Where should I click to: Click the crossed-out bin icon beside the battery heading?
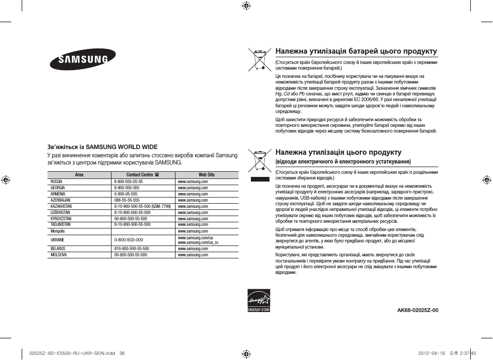259,59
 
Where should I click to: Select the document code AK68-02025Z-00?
418,310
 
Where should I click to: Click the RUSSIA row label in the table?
56,182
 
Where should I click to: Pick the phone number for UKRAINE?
129,240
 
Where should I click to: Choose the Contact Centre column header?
142,175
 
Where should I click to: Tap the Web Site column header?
206,175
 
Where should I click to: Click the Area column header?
79,175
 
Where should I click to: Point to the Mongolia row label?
58,232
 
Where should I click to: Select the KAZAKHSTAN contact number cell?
142,206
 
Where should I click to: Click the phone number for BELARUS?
131,249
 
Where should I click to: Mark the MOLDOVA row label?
58,255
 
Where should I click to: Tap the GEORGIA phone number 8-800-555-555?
126,188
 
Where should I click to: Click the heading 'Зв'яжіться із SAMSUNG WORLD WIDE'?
102,147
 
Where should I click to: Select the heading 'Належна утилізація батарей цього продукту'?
356,52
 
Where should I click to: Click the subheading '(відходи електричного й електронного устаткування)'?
343,162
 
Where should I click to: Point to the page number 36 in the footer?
122,353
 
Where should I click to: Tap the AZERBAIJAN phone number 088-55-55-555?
126,200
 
